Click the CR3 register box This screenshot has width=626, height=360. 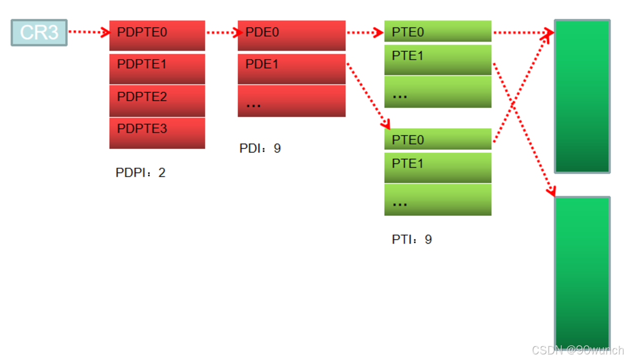pos(39,32)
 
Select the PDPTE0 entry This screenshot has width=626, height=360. pos(157,35)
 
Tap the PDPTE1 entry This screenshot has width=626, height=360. pos(157,68)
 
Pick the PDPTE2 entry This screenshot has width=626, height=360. pos(157,100)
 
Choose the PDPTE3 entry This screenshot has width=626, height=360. pos(157,133)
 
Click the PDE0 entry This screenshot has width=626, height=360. pos(291,35)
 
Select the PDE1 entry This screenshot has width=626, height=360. pos(291,68)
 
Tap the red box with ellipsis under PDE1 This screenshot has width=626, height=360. pos(291,101)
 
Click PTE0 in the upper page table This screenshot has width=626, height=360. pos(438,31)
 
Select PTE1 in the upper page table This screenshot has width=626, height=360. pos(438,59)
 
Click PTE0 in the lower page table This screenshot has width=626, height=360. pos(438,139)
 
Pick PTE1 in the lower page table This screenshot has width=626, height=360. pos(438,167)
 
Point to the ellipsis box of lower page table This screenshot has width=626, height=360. pos(438,199)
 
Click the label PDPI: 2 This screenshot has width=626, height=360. pos(140,173)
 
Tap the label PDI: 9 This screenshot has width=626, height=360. pos(260,148)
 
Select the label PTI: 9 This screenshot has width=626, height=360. pos(412,239)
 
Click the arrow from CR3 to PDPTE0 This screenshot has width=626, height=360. pos(88,32)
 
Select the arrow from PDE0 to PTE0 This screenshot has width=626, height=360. pos(365,33)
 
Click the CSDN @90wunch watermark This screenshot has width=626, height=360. pos(578,350)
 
